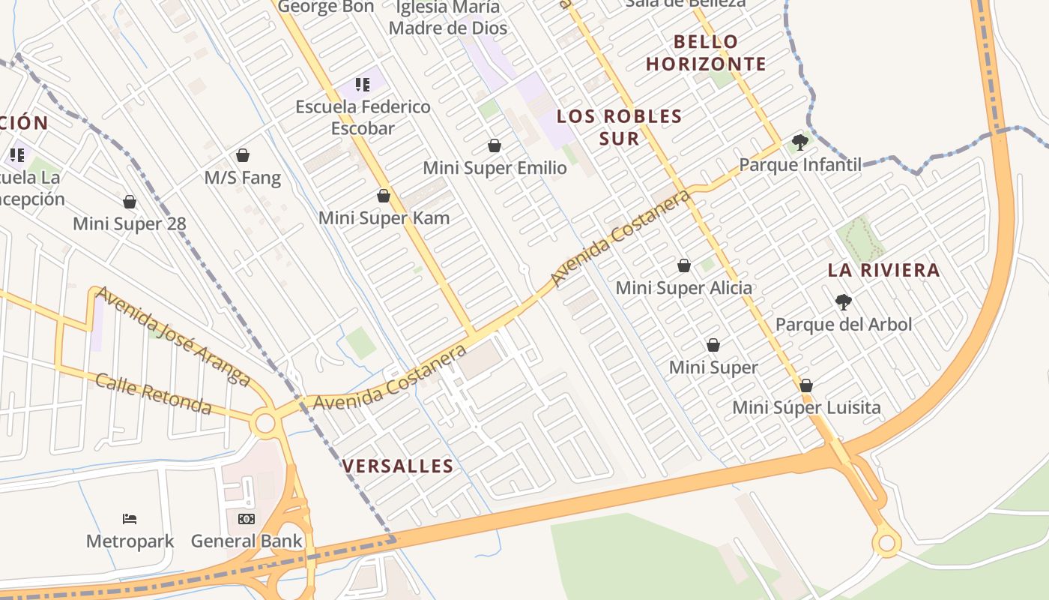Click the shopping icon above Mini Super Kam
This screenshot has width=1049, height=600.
click(384, 196)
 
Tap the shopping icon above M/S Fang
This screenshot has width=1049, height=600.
click(242, 155)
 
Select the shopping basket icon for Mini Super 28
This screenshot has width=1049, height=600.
click(130, 202)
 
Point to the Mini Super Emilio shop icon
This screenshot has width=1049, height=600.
click(495, 145)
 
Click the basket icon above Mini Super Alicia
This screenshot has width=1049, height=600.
click(683, 265)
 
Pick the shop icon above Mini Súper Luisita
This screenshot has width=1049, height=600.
click(806, 385)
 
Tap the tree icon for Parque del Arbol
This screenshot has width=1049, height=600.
click(844, 302)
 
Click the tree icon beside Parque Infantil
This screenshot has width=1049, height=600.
click(799, 142)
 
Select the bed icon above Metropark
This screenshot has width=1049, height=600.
click(130, 518)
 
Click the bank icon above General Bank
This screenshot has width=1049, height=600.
click(247, 518)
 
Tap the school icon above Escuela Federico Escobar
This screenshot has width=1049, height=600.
click(363, 85)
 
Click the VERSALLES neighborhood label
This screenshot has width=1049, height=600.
click(398, 466)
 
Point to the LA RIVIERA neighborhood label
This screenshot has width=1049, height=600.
click(883, 271)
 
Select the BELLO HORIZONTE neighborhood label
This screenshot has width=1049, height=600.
click(706, 52)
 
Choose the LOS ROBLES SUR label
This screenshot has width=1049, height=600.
click(619, 127)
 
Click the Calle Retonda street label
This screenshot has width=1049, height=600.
click(154, 393)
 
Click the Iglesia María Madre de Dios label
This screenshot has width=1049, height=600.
click(448, 18)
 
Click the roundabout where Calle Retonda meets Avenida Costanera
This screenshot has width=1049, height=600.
click(264, 423)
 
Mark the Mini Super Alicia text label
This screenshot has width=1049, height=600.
click(683, 288)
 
